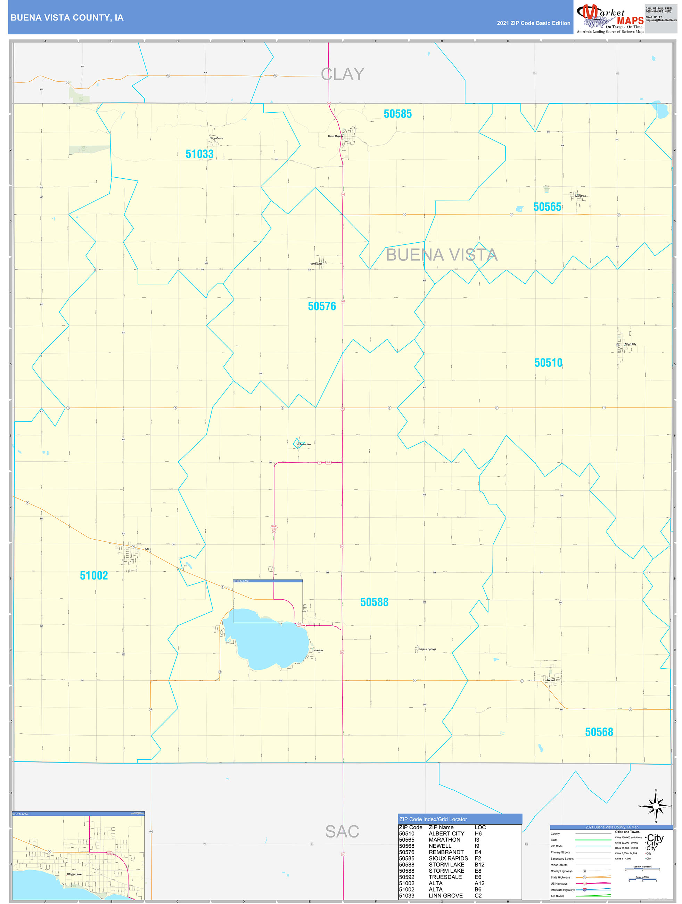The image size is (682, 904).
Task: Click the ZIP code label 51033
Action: pos(199,154)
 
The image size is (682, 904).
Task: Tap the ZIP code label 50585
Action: pos(397,114)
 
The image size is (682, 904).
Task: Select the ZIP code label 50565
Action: pos(547,207)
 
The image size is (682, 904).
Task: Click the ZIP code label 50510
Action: pos(548,363)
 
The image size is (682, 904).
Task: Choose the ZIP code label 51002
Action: pos(93,576)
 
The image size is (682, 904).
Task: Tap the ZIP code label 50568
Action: pos(599,732)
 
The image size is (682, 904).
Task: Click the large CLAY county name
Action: pos(342,74)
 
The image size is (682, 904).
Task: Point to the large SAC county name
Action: pos(342,831)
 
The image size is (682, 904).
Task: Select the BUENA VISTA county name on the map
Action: pos(442,255)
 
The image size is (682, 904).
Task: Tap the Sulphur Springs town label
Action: pos(427,649)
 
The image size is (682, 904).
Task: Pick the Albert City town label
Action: pos(630,344)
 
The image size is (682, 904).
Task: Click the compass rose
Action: pos(656,806)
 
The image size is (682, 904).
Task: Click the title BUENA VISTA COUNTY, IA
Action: pos(67,18)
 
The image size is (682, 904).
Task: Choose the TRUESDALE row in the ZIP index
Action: pos(445,877)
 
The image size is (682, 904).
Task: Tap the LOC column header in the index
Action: pos(480,827)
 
